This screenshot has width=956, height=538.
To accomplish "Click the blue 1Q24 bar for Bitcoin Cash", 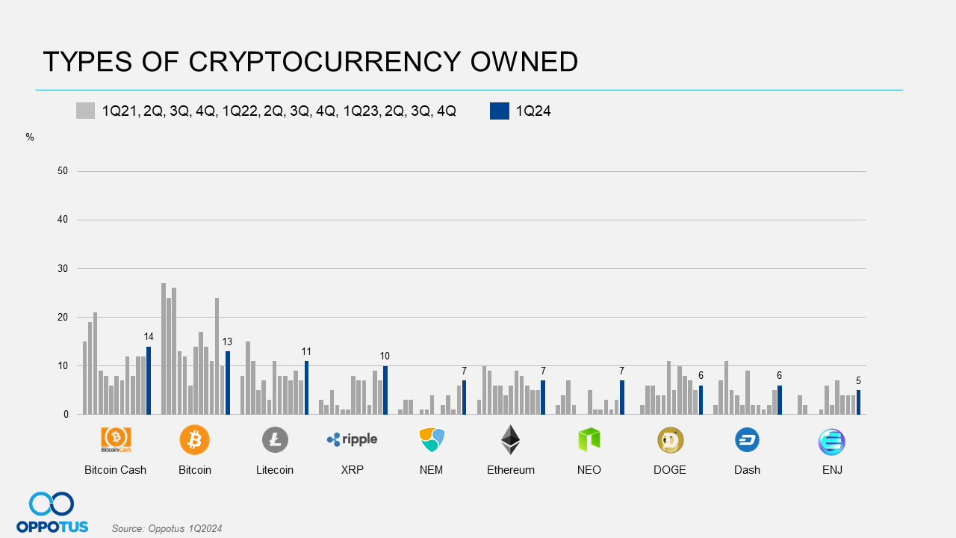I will point(149,380).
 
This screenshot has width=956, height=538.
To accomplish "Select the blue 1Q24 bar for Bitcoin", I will point(228,383).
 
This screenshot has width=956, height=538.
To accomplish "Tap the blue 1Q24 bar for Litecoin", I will point(306,388).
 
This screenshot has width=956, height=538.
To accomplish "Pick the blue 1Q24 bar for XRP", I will point(385,390).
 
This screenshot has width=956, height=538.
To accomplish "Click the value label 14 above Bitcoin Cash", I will point(149,337).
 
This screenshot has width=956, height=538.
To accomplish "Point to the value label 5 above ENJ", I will point(858,381).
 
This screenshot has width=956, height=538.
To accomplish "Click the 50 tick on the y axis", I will point(63,171).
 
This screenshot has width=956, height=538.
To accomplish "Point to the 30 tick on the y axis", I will point(63,268).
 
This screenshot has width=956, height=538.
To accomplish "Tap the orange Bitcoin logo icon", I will point(195,439).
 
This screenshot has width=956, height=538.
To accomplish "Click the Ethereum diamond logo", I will point(510,439).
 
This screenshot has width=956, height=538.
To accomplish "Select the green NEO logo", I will point(589,439).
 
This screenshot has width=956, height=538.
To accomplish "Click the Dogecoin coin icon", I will point(670,440).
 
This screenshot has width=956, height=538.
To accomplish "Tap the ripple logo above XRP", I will point(353,439).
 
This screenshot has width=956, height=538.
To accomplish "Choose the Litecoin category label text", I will point(275,470).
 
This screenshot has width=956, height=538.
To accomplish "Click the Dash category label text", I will point(747,470).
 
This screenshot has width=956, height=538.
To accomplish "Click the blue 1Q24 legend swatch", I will point(500,111).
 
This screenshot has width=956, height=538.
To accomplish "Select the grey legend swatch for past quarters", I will point(86,111).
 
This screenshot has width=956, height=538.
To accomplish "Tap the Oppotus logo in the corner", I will point(52,513).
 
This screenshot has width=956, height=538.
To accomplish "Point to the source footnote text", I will point(167,528).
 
